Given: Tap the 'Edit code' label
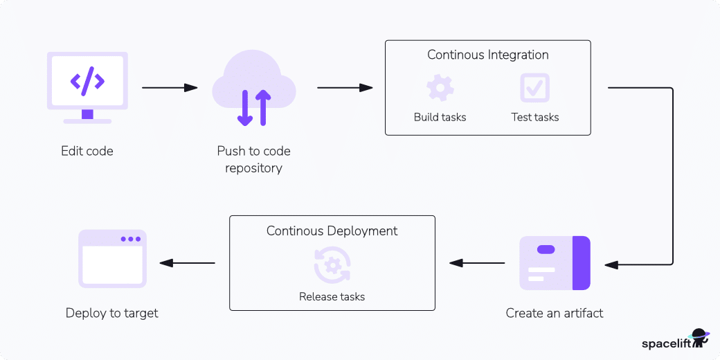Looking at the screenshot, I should pos(87,151).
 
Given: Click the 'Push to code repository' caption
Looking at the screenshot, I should pos(253,159).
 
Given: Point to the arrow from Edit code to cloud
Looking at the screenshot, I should pos(170,88).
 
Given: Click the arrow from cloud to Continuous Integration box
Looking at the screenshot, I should pos(345,88).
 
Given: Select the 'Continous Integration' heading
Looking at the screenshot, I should pos(487,55).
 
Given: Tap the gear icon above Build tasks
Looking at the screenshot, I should pos(440,89).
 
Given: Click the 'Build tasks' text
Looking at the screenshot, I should pos(440,117).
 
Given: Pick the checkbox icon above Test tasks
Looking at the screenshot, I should pos(534,89).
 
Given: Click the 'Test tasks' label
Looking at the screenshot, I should pos(534,117).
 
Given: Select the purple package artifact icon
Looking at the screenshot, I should pos(555,263).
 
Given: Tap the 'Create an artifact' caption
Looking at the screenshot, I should pos(555,313).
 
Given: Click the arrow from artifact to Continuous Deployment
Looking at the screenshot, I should pos(477,263).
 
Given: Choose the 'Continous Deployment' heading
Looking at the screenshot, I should pos(332,231).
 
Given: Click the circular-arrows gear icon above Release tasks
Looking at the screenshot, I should pos(332,264).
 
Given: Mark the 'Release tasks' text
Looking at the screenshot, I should pos(332,296).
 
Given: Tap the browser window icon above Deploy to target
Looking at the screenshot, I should pos(112,258).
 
